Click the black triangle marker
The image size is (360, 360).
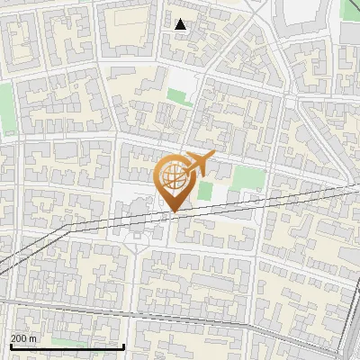(x=181, y=24)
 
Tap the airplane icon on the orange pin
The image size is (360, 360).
(x=196, y=164)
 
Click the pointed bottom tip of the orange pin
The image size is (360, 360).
(x=174, y=212)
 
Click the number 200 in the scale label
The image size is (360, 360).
(x=19, y=338)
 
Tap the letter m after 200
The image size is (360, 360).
(x=32, y=338)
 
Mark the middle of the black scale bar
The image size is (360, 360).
(x=67, y=346)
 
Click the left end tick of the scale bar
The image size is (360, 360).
(x=10, y=346)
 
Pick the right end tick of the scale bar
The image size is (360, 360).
(x=123, y=346)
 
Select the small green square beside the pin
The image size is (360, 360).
(x=205, y=190)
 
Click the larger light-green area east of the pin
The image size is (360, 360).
(x=245, y=177)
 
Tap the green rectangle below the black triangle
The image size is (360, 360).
(x=181, y=96)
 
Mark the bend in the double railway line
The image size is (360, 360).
(x=67, y=231)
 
